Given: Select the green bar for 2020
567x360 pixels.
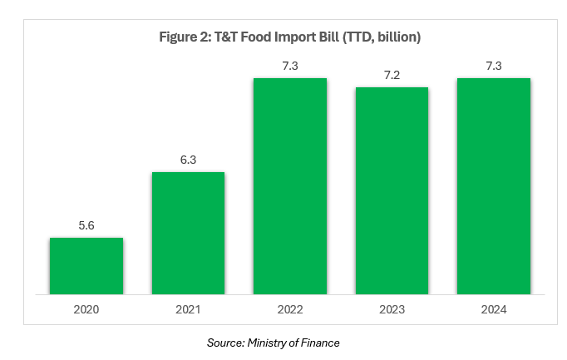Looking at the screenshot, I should pos(86,266).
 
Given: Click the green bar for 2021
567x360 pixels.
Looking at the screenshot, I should pos(188,233).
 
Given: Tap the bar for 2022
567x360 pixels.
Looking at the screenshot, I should pos(290,186).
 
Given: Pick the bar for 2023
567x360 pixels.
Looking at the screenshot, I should pos(392,190).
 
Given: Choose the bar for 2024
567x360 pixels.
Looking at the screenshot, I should pos(494,186).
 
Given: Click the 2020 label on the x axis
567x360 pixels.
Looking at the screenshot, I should pos(86,309).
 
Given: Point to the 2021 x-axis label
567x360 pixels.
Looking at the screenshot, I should pos(188,309).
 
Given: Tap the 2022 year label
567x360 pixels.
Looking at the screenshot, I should pos(290,309).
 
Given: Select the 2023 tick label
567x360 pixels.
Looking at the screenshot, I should pos(392,309).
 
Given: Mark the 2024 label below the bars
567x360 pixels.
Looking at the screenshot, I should pos(494,309).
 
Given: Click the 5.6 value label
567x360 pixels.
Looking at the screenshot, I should pos(86,225).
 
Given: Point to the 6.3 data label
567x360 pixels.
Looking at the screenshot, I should pos(188,160).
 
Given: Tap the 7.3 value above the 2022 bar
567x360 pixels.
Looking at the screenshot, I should pos(290,66).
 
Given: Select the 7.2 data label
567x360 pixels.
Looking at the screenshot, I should pos(392,75).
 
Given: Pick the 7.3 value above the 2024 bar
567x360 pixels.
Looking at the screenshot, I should pos(494,66).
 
